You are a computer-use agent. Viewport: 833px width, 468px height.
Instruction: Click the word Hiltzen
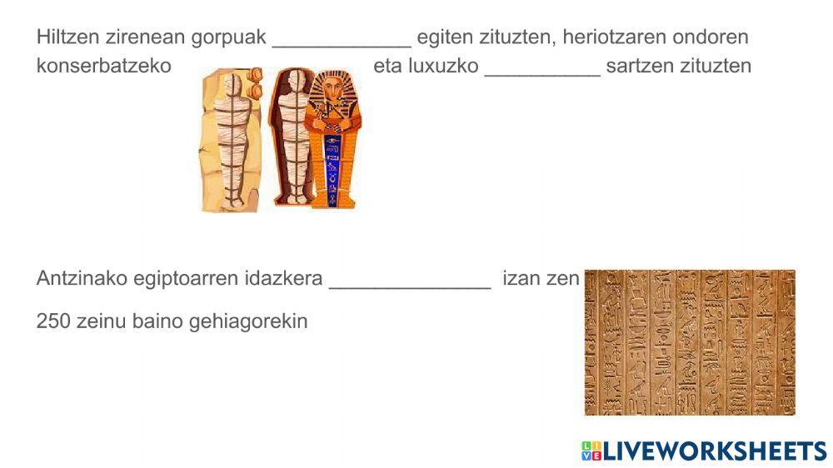(x=68, y=37)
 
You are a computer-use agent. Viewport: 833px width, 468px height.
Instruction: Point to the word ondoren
(x=711, y=37)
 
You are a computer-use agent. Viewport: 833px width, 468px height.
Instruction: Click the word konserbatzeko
(x=104, y=66)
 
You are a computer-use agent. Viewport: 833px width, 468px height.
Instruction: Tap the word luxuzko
(x=444, y=66)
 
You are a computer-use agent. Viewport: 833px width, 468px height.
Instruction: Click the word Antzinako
(x=82, y=278)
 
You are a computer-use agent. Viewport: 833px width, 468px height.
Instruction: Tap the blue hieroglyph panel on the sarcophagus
(x=332, y=170)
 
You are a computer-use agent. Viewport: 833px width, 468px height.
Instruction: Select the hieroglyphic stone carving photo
(x=690, y=342)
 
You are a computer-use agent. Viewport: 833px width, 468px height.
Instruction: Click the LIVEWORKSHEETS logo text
(x=715, y=451)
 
